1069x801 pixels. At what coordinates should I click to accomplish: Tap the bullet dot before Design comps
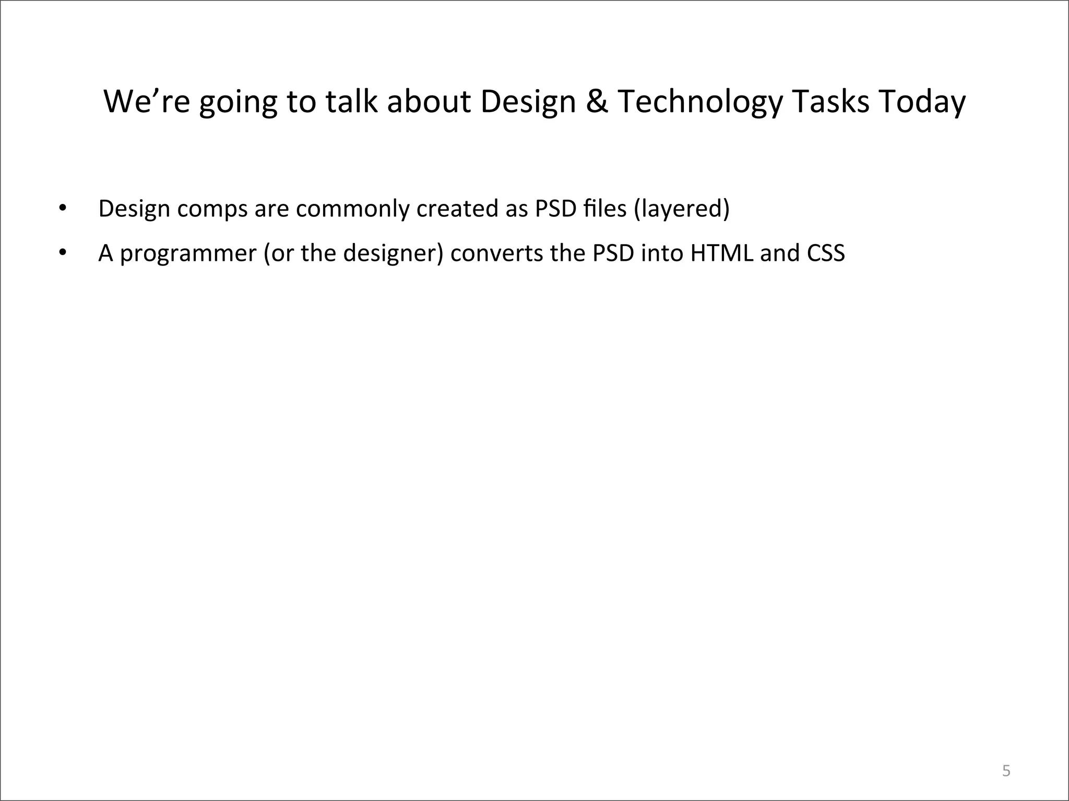(63, 208)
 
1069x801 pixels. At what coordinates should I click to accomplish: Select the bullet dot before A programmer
(63, 253)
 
